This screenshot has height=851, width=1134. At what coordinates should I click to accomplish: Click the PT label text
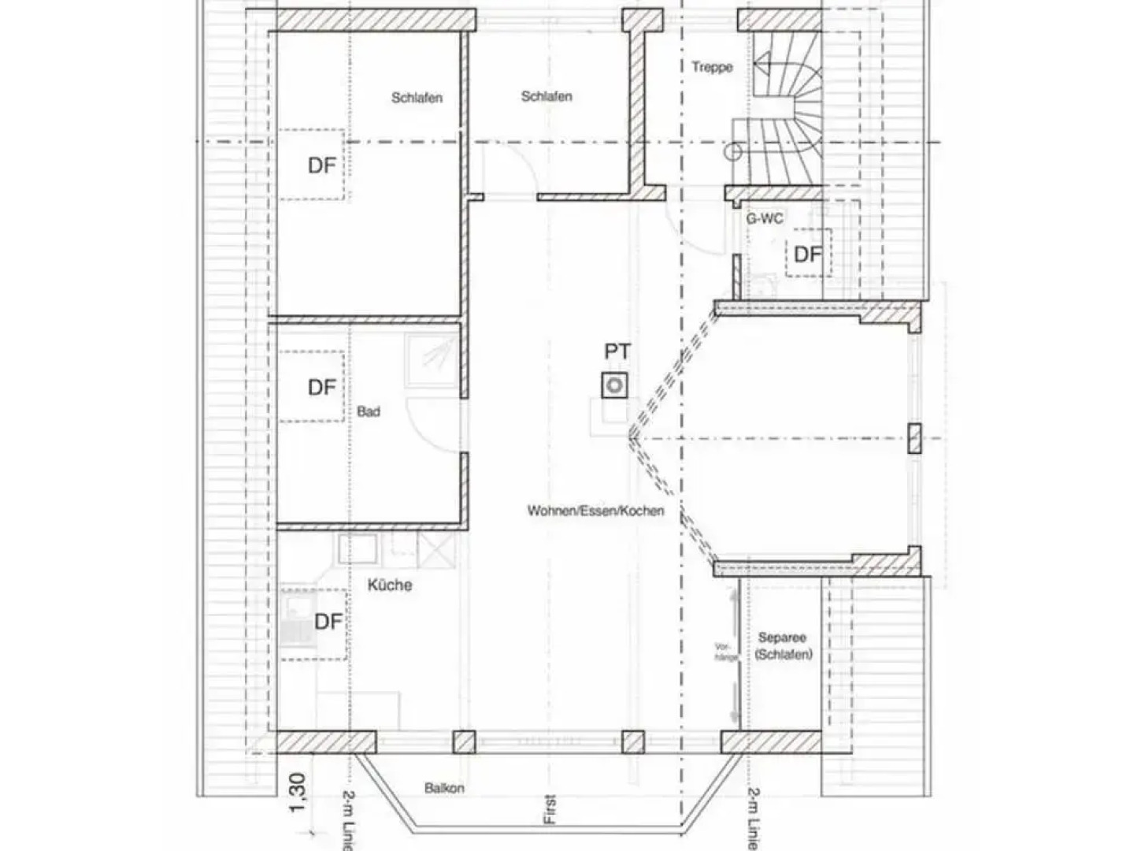point(617,351)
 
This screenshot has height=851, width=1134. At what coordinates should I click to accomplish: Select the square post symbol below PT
point(615,385)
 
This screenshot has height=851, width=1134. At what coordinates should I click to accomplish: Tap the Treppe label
point(712,67)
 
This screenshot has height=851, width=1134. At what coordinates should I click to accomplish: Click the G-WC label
point(764,218)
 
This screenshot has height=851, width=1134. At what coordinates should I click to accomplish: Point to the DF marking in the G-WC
point(807,255)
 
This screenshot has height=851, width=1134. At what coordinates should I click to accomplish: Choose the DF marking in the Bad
point(321,388)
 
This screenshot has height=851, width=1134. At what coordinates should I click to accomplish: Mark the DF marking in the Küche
point(328,622)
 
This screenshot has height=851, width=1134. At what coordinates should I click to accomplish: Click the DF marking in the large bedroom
point(321,166)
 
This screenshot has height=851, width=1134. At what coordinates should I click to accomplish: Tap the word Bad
point(369,411)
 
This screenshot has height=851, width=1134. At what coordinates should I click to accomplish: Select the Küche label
point(390,585)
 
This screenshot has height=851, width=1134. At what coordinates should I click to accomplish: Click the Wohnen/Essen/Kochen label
point(595,511)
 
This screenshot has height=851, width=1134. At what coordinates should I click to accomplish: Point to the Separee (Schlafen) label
point(783,646)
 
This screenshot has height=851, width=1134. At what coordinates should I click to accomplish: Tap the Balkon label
point(444,788)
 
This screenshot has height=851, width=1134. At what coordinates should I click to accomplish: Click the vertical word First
point(550,809)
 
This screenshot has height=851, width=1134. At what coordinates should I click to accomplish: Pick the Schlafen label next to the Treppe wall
point(546,97)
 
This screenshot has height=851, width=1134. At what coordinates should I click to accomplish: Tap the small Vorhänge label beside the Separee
point(724,652)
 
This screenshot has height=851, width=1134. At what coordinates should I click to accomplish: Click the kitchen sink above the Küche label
point(358,548)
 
